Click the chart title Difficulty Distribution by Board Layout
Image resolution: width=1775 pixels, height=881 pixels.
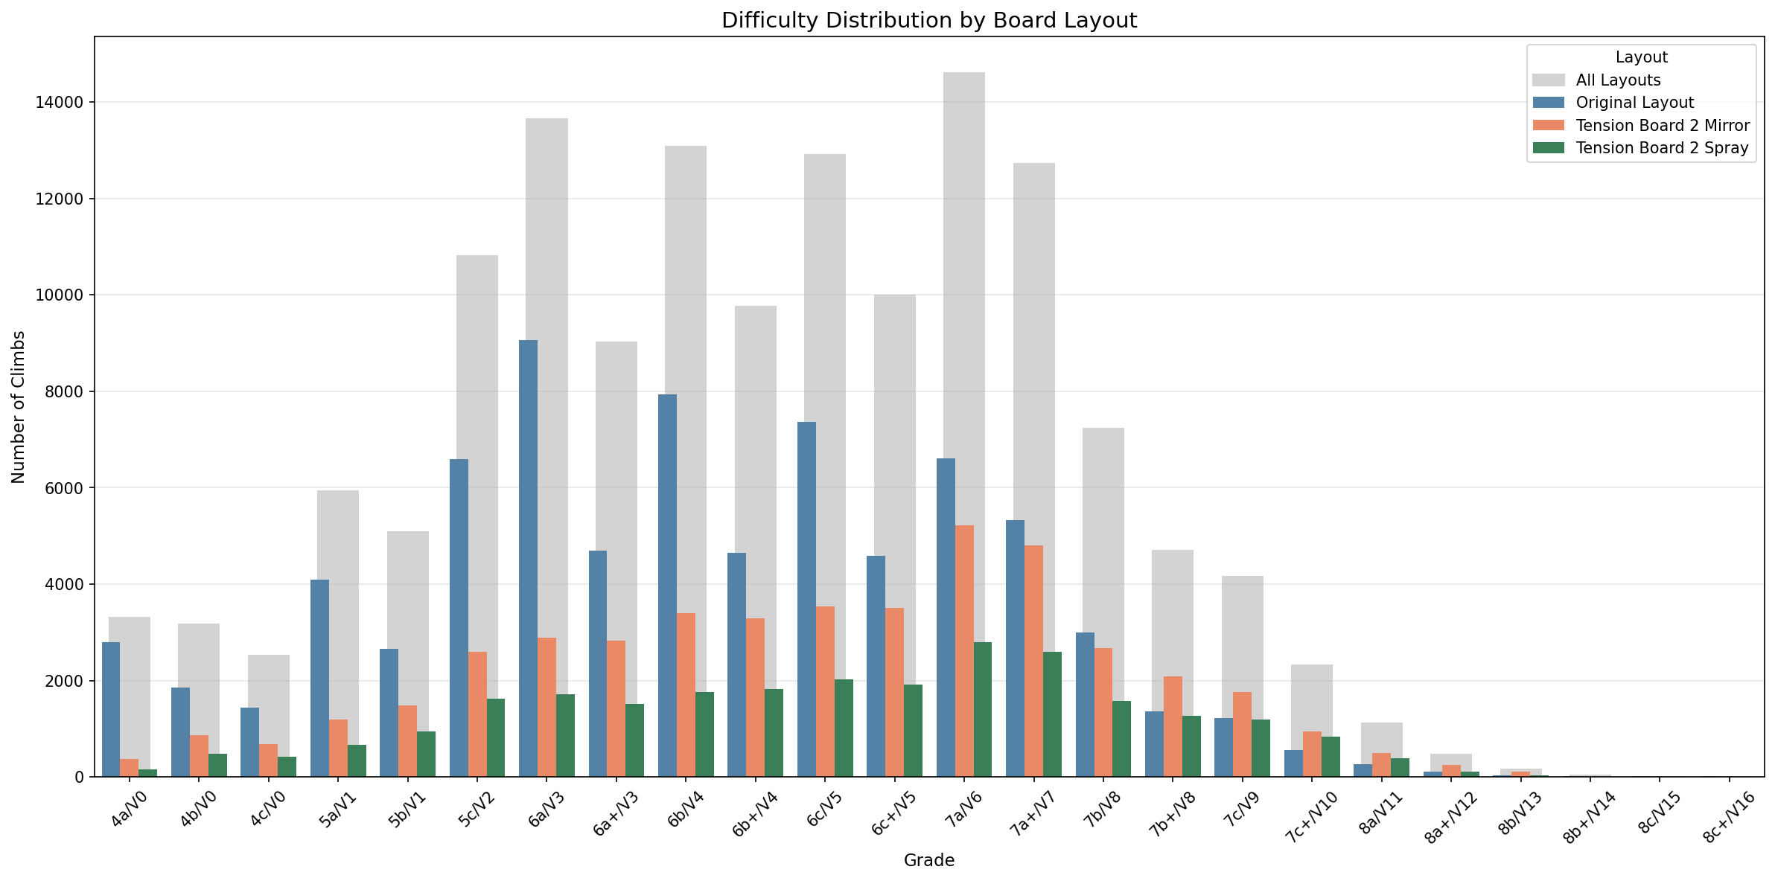(x=928, y=21)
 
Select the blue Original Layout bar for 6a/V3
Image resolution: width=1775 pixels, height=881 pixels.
(x=528, y=558)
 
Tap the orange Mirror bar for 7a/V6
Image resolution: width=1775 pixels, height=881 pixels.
(x=964, y=651)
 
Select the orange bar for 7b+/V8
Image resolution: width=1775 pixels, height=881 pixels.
(x=1173, y=726)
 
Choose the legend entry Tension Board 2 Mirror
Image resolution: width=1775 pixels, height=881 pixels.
(x=1662, y=125)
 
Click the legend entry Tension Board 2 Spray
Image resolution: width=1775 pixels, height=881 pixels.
(x=1662, y=148)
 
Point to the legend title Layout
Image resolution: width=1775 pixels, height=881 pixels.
(x=1641, y=57)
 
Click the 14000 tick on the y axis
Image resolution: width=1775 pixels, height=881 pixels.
(x=59, y=103)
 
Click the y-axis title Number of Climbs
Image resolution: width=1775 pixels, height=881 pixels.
(x=19, y=407)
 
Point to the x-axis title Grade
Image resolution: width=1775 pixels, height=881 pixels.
(x=928, y=861)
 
